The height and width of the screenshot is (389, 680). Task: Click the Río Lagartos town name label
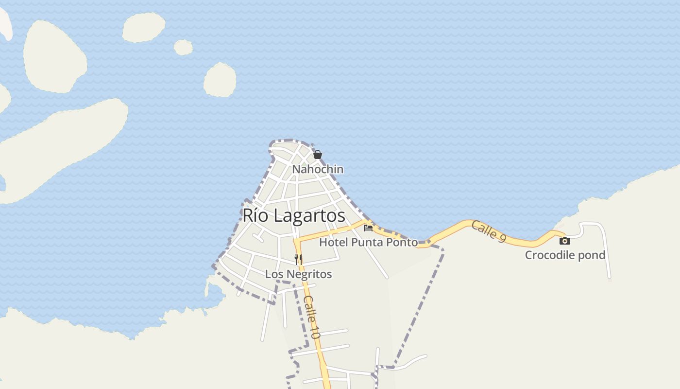294,215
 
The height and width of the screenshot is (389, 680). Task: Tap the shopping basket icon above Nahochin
318,155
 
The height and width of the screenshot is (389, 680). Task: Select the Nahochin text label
318,169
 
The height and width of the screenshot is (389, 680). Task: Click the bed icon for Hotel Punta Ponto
368,228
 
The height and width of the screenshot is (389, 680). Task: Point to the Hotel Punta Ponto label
368,242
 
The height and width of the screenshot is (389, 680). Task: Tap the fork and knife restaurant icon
298,259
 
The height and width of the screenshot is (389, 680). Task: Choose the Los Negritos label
298,274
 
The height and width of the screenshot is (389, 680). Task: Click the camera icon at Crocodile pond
564,241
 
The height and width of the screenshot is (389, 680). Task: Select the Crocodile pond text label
565,255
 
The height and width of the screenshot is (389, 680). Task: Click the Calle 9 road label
489,231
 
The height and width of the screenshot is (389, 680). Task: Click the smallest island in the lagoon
183,48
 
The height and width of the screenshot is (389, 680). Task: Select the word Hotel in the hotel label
333,242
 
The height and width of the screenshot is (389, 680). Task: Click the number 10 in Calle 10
315,332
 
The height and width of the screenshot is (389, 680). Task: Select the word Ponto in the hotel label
403,242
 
